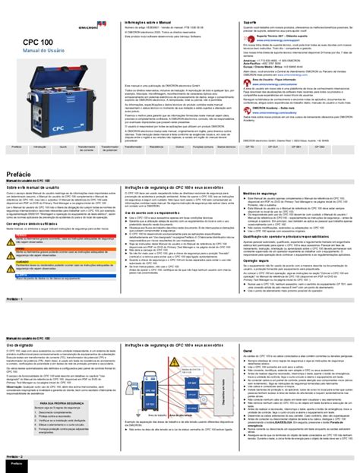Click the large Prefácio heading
coord(24,174)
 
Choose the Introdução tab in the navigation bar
coord(40,147)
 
